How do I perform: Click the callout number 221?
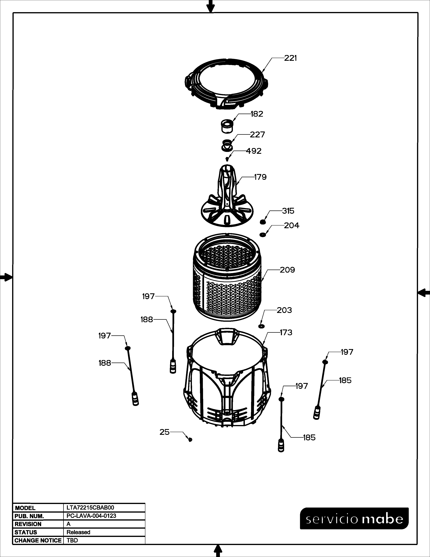[291, 58]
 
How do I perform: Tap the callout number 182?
[257, 114]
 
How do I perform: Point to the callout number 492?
[254, 151]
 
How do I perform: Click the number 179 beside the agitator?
[260, 177]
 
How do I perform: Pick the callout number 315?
[288, 211]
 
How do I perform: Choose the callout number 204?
[292, 226]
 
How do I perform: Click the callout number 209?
[287, 270]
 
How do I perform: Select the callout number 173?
[286, 333]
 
